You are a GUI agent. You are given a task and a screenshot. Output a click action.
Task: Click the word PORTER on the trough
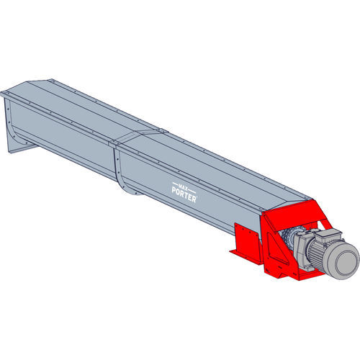184,194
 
